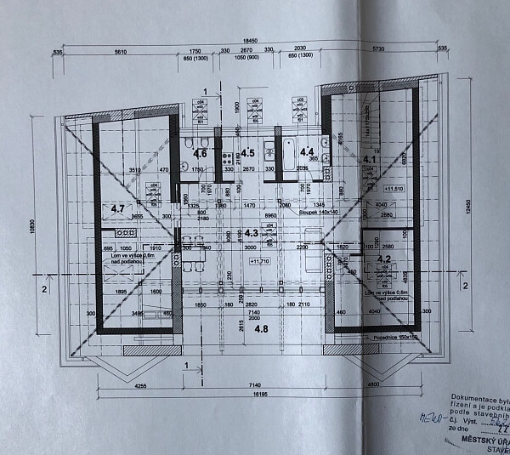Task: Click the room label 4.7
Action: click(118, 207)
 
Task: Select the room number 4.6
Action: click(201, 153)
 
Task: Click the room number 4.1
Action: click(370, 158)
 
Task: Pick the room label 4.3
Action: click(251, 231)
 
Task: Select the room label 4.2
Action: click(383, 259)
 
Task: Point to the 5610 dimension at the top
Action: click(120, 52)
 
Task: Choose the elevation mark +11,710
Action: click(258, 262)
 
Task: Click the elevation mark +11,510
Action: click(393, 189)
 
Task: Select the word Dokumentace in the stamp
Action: click(471, 397)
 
